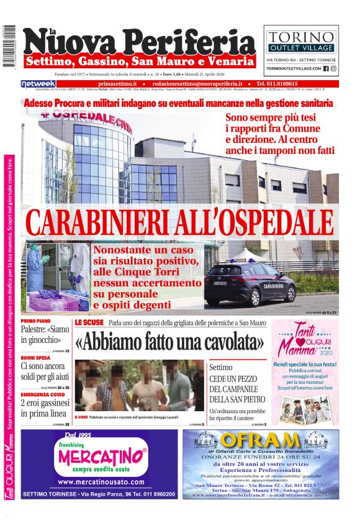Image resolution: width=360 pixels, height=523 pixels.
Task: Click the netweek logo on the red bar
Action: click(38, 83)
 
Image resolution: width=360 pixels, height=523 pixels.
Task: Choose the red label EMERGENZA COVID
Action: click(43, 394)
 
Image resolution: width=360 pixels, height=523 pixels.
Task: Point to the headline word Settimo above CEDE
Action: click(221, 367)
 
